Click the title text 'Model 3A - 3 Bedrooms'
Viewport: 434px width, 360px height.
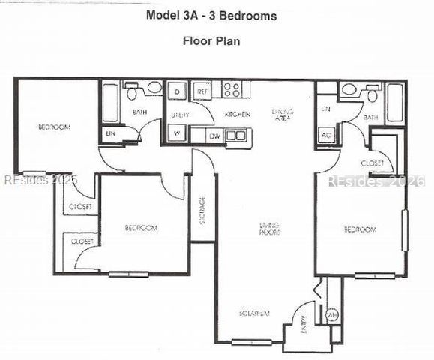pyautogui.click(x=211, y=16)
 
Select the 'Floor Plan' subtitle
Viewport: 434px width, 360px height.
pyautogui.click(x=211, y=40)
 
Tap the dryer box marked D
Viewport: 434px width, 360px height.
pyautogui.click(x=178, y=91)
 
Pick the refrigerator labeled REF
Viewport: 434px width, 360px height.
pyautogui.click(x=202, y=91)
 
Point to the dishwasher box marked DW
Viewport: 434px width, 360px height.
pyautogui.click(x=216, y=136)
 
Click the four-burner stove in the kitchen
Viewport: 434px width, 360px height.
pyautogui.click(x=232, y=90)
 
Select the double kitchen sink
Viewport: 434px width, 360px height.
pyautogui.click(x=236, y=136)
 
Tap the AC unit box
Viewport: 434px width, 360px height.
pyautogui.click(x=325, y=135)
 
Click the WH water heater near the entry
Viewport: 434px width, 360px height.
pyautogui.click(x=331, y=316)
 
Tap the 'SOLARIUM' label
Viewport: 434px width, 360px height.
pyautogui.click(x=254, y=313)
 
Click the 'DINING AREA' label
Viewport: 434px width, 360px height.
pyautogui.click(x=283, y=115)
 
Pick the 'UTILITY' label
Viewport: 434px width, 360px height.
pyautogui.click(x=179, y=115)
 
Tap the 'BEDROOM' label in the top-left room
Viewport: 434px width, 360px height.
pyautogui.click(x=53, y=127)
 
